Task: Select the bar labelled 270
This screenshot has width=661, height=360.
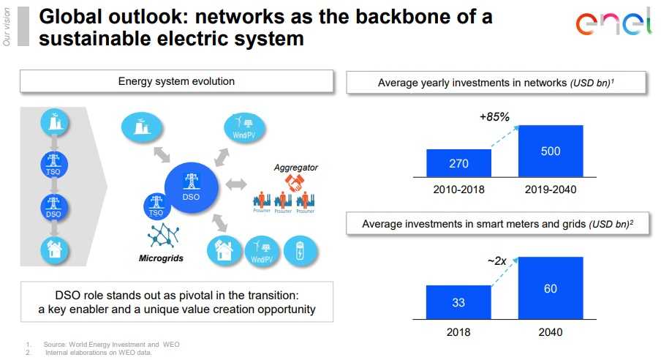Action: (x=458, y=162)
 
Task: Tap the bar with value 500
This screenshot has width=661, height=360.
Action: (x=551, y=151)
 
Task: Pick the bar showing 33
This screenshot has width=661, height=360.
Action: (x=458, y=302)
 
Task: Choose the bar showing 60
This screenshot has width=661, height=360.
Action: (x=551, y=288)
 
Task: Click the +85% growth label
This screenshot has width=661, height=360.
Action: (x=494, y=116)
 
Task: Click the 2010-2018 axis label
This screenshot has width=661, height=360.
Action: (x=458, y=190)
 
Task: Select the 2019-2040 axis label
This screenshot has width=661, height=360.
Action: (x=551, y=190)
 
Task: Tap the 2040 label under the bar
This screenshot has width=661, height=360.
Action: (x=551, y=331)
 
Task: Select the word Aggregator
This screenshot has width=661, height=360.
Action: (x=295, y=168)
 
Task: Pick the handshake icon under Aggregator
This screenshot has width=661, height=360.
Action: (x=294, y=183)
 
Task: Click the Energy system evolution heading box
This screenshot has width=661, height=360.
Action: (x=176, y=81)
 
